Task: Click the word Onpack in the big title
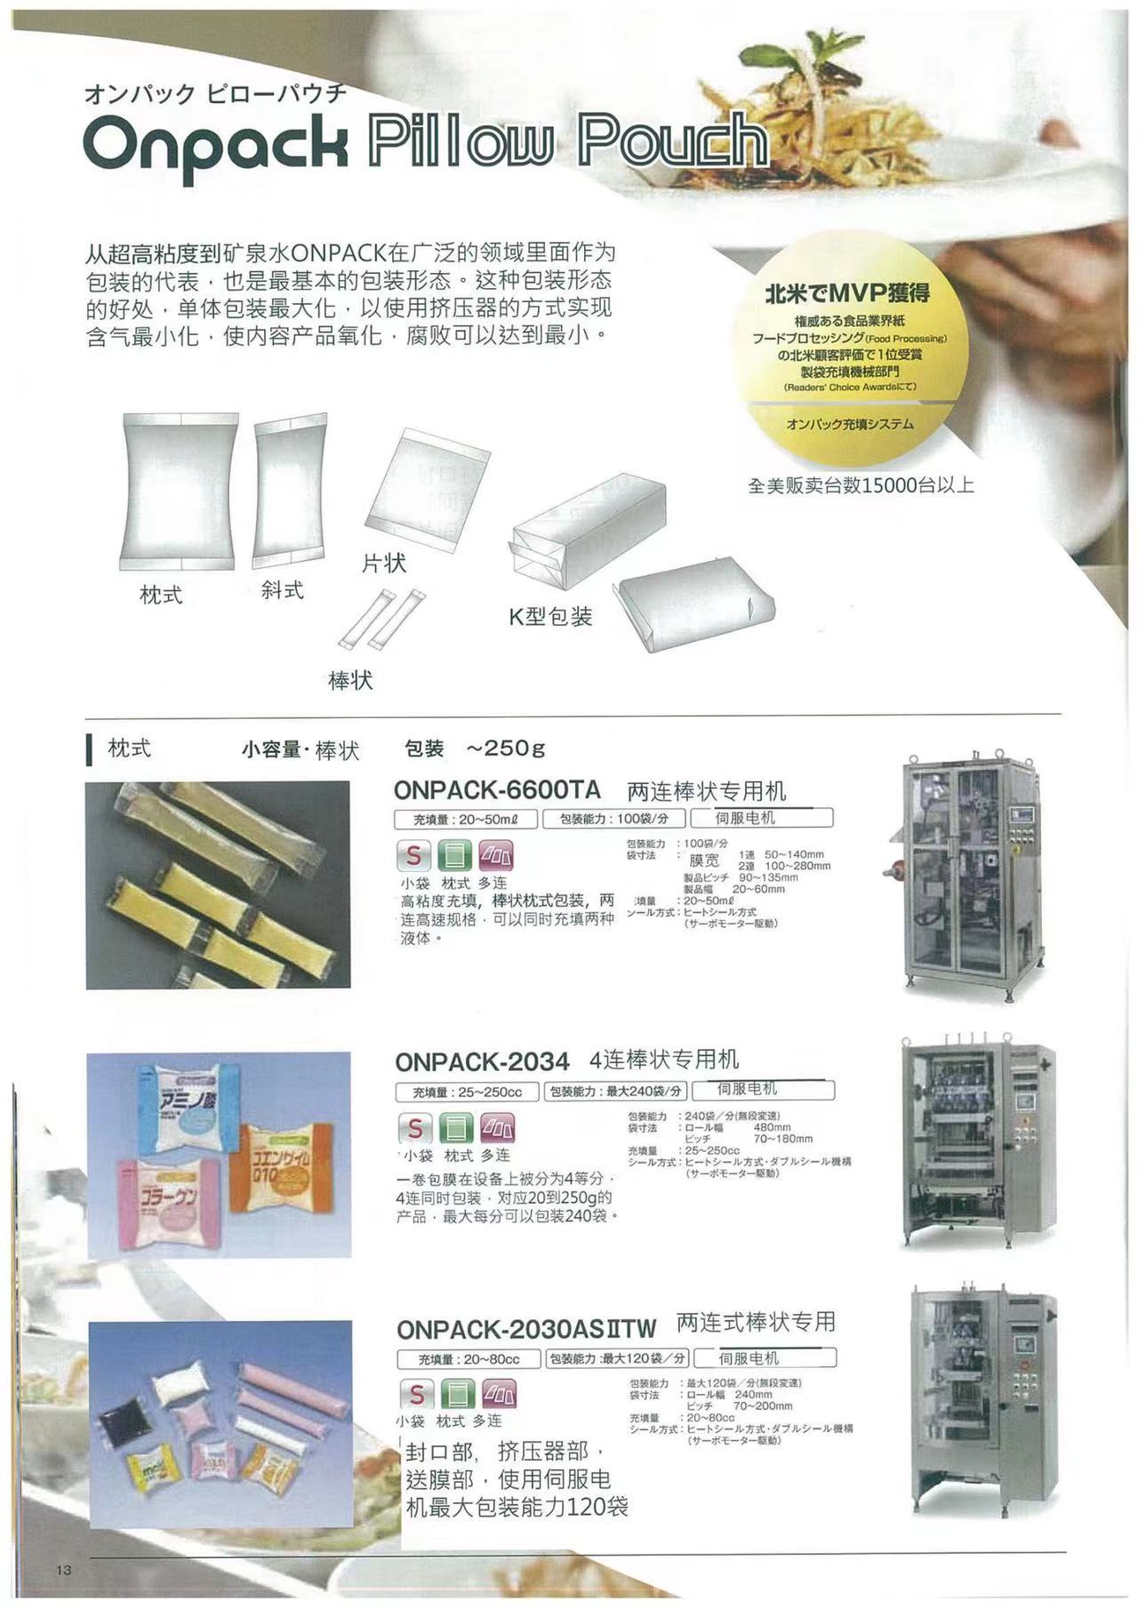click(x=214, y=145)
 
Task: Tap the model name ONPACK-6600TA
click(x=497, y=790)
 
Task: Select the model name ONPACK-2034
click(x=482, y=1061)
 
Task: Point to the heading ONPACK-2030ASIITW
click(x=526, y=1329)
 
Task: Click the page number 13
click(x=63, y=1570)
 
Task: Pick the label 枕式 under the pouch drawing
click(x=161, y=595)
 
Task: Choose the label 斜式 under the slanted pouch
click(x=283, y=589)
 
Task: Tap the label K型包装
click(x=550, y=616)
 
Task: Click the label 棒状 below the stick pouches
click(x=350, y=681)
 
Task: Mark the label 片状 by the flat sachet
click(x=384, y=563)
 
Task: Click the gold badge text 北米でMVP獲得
click(x=848, y=294)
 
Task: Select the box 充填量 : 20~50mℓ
click(x=465, y=819)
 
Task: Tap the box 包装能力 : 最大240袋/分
click(x=616, y=1091)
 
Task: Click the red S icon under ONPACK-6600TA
click(x=413, y=856)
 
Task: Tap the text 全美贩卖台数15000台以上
click(x=861, y=485)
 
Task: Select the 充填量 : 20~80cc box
click(x=468, y=1359)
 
